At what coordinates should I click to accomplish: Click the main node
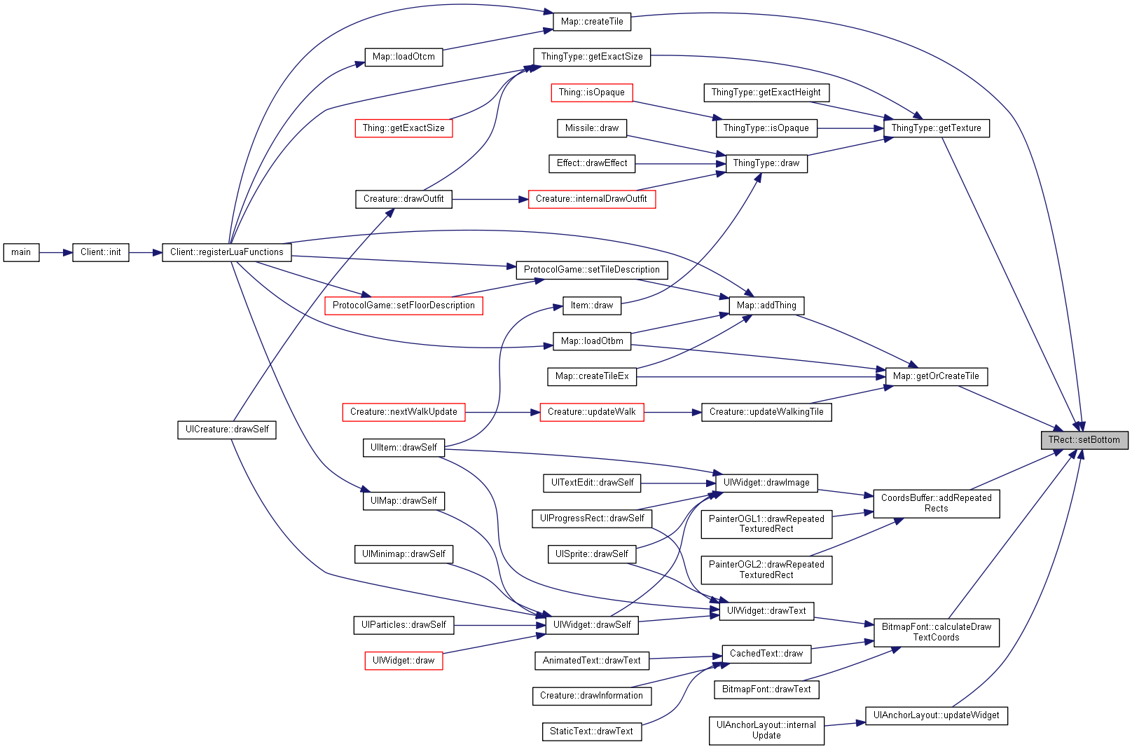(21, 252)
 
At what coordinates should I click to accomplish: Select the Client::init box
(101, 252)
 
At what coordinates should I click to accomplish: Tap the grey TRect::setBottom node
(1084, 440)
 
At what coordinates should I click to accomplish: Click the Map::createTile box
(592, 22)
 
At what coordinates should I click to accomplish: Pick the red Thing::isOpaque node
(592, 92)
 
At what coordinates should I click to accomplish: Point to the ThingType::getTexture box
(937, 128)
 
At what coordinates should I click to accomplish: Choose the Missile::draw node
(592, 128)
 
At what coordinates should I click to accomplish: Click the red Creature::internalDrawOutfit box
(592, 199)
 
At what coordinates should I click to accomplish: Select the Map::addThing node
(766, 305)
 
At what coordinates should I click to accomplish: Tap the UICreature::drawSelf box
(227, 430)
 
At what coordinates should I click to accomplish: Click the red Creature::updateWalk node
(592, 412)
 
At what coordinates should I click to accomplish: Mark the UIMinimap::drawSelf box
(403, 554)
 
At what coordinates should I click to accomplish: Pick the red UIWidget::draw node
(403, 661)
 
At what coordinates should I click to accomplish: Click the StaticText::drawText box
(592, 731)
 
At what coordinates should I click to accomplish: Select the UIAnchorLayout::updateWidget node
(937, 715)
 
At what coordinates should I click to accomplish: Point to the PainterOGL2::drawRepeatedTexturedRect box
(766, 570)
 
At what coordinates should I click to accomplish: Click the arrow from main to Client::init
(56, 252)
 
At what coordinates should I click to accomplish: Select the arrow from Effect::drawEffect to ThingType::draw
(681, 164)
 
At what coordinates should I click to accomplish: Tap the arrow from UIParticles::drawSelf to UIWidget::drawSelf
(499, 625)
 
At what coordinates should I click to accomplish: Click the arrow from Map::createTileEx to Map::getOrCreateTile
(761, 376)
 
